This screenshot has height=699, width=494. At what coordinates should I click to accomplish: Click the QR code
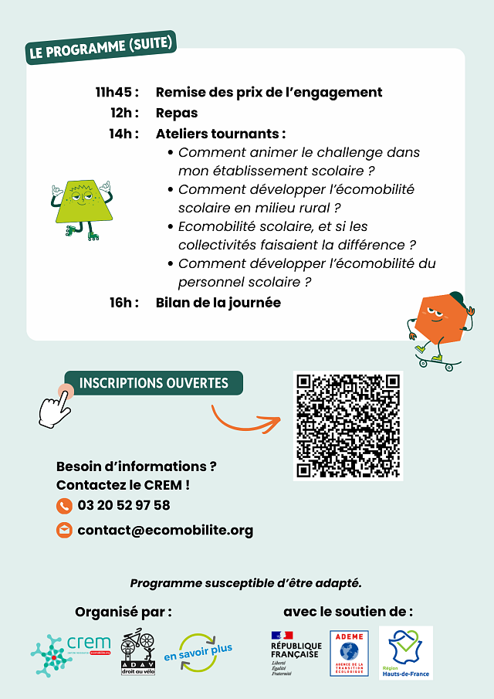tap(348, 426)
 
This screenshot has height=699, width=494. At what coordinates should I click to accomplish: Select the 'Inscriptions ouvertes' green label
tap(154, 383)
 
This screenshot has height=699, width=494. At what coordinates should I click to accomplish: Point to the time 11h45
tap(117, 93)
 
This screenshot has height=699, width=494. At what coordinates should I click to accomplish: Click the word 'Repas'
tap(177, 113)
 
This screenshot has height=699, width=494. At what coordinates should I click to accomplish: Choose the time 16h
tap(123, 303)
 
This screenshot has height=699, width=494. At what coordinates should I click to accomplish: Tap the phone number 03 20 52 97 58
tap(123, 506)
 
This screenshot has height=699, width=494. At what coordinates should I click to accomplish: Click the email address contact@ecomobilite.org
tap(165, 531)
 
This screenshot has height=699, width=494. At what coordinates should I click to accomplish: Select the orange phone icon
tap(64, 506)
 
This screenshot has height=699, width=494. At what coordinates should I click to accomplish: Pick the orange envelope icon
tap(64, 531)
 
